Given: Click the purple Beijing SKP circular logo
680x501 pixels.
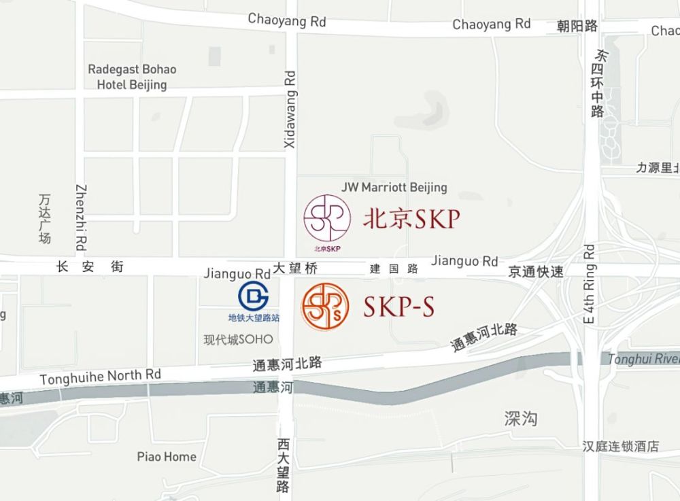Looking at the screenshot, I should click(x=327, y=218).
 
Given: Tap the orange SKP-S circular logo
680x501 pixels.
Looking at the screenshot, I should click(x=325, y=307).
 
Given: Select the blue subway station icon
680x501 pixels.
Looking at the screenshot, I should click(x=253, y=296).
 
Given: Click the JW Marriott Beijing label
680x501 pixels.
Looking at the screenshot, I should click(x=394, y=187).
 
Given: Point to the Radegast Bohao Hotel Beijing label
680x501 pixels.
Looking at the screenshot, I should click(x=132, y=77).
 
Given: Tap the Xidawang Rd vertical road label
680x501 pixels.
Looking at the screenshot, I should click(x=290, y=109).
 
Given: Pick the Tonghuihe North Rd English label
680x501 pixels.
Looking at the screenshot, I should click(x=101, y=377).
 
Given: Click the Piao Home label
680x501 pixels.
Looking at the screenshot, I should click(x=167, y=457).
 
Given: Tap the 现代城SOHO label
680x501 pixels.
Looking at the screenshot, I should click(x=238, y=339).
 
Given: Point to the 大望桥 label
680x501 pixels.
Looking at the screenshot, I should click(x=295, y=269).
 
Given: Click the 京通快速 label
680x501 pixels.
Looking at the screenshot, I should click(x=537, y=272).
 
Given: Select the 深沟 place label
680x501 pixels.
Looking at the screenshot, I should click(x=521, y=418).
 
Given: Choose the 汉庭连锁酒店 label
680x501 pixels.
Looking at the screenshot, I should click(x=620, y=447).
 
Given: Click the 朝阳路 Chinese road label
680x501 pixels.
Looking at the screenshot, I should click(x=577, y=26).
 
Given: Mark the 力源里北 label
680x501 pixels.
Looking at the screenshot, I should click(x=658, y=168).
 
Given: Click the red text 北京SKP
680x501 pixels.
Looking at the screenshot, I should click(x=412, y=218).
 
